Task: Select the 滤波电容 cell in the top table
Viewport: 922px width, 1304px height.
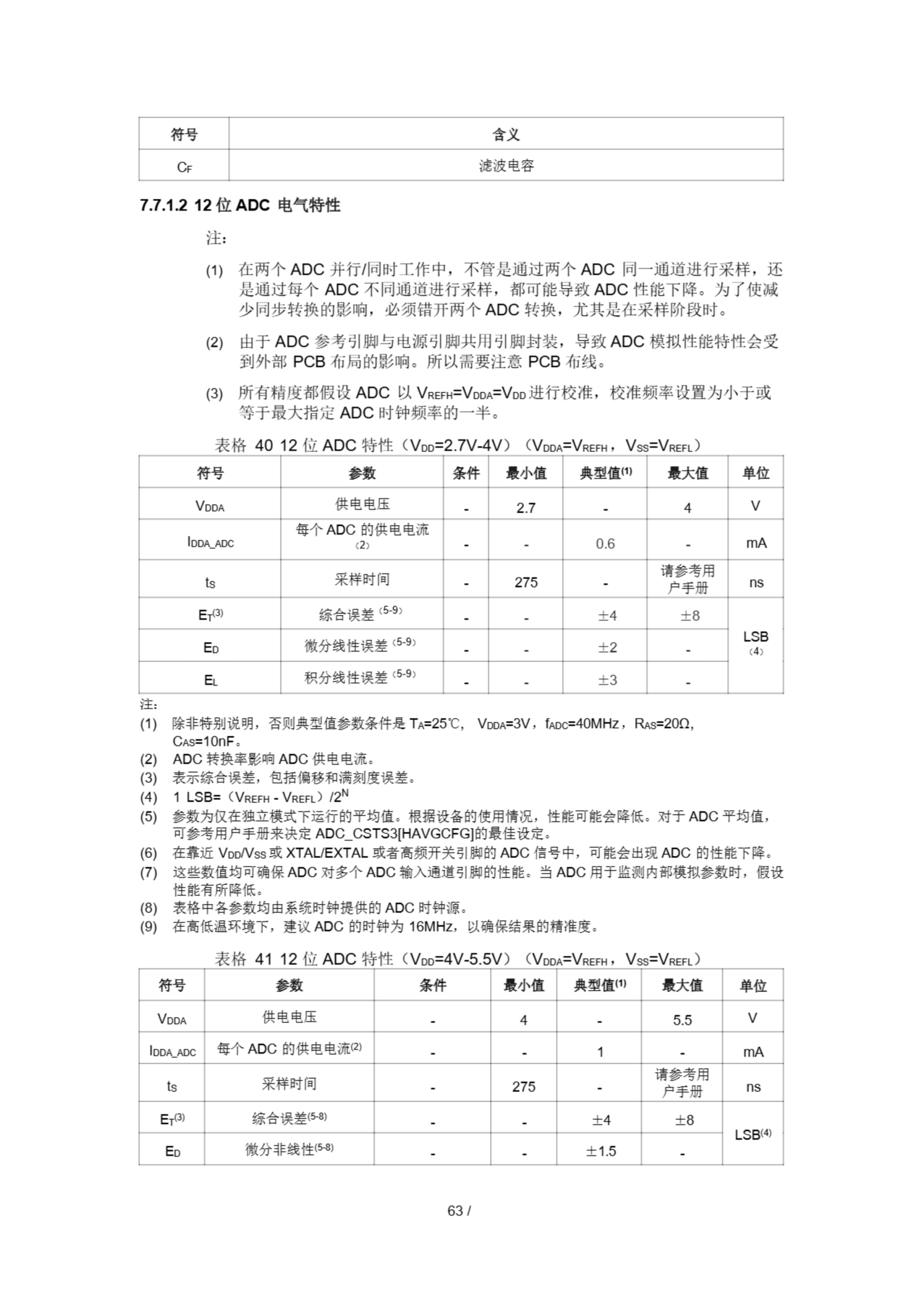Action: click(506, 166)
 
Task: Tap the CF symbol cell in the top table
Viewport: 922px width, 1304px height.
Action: click(184, 167)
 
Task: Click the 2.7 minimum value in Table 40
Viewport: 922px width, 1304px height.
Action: click(526, 508)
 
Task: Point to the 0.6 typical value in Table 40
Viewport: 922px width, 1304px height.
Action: click(605, 544)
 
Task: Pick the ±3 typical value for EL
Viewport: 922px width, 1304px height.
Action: click(607, 680)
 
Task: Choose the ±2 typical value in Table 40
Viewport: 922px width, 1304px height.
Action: click(607, 647)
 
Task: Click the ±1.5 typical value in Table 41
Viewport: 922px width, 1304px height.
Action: click(601, 1151)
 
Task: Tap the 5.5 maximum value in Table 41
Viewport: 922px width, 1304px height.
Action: click(682, 1020)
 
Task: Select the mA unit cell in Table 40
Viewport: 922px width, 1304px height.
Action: click(755, 543)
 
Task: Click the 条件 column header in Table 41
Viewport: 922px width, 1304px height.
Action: click(432, 985)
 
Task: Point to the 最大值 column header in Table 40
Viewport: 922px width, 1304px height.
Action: click(687, 473)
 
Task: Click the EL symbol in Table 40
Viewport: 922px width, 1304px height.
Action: click(210, 680)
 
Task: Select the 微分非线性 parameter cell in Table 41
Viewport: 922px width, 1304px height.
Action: click(289, 1150)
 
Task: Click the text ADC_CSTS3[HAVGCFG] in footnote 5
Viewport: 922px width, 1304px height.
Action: click(394, 834)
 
